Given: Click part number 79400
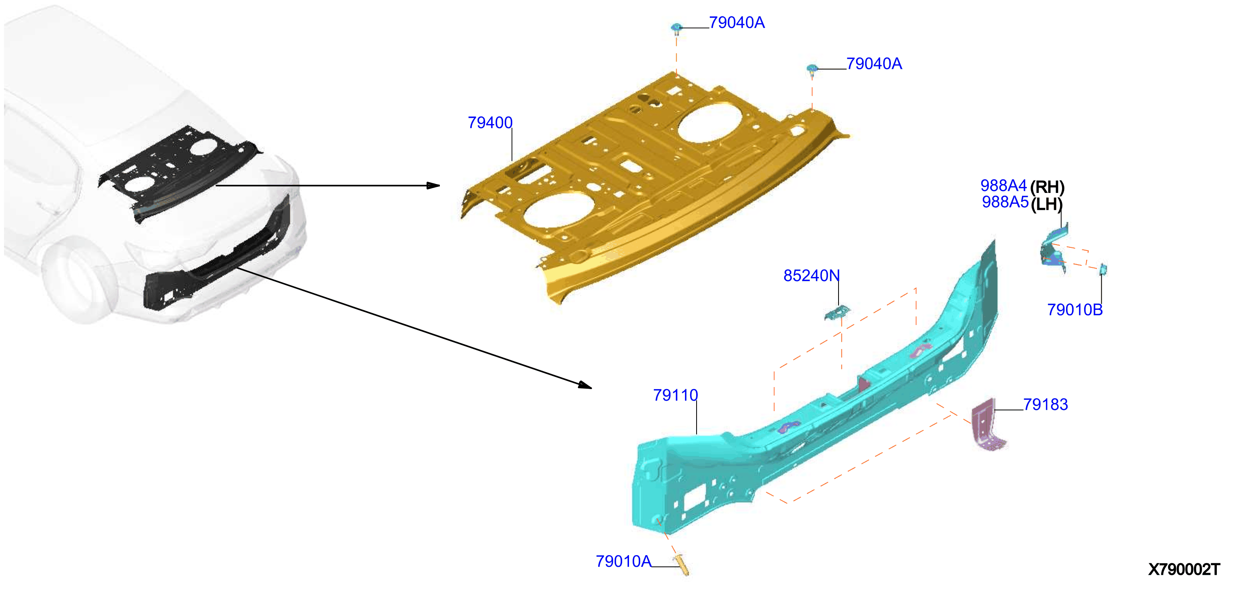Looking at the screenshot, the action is coord(490,122).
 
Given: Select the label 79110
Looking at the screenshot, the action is coord(675,395).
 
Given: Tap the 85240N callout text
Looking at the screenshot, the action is coord(811,276).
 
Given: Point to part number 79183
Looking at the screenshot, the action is coord(1045,404).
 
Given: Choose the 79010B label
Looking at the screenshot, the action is coord(1074,309).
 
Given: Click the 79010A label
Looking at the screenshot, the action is coord(623,562).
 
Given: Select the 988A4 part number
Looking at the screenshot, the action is coord(1003,185).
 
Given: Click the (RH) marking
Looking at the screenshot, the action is coord(1047,187).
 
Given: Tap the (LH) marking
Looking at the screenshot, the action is coord(1046,204).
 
